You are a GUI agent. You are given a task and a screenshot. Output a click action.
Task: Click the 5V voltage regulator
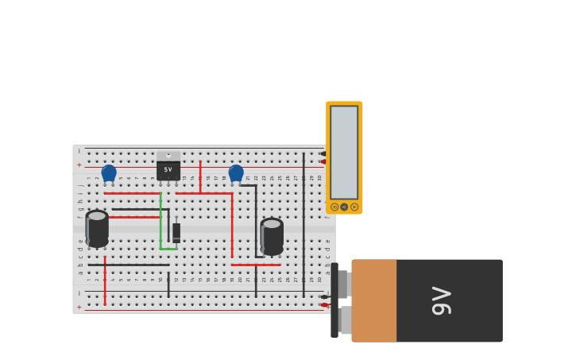tap(168, 169)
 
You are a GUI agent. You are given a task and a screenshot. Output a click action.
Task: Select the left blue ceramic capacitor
tap(109, 172)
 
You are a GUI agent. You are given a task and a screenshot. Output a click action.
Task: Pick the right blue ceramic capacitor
tap(236, 172)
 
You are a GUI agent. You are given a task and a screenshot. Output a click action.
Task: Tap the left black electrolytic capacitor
tap(97, 229)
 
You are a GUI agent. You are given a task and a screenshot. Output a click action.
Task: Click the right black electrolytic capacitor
tap(272, 237)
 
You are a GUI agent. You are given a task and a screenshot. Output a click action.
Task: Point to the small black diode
tap(176, 231)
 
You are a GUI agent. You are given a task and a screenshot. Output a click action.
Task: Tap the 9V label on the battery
tap(442, 300)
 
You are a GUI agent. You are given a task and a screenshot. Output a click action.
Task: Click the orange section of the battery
tap(374, 300)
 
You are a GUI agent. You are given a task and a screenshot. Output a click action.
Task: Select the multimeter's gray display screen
tap(344, 152)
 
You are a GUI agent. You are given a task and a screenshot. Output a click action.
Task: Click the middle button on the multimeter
tap(344, 207)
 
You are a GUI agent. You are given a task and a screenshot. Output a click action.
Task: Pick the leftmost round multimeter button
tap(334, 207)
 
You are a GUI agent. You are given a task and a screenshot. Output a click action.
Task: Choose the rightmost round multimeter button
tap(354, 207)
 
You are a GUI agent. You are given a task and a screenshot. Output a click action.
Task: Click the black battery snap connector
tap(334, 300)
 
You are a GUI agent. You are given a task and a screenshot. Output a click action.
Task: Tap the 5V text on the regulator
tap(168, 170)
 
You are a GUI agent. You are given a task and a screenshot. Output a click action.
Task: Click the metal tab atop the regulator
tap(168, 156)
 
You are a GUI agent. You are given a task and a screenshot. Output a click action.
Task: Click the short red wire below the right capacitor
tap(256, 265)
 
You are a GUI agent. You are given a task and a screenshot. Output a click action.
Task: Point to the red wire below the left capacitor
tap(105, 280)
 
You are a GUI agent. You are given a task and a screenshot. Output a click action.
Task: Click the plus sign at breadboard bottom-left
tap(79, 307)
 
